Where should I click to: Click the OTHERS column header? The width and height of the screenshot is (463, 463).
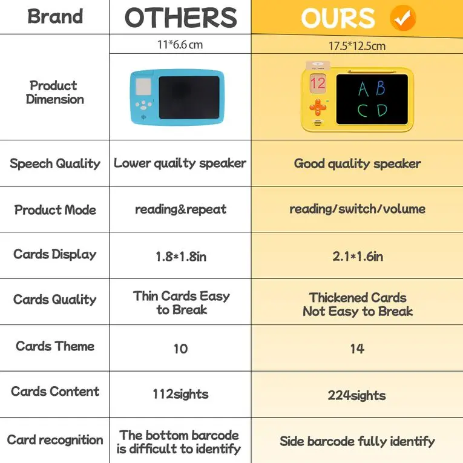[x=180, y=18]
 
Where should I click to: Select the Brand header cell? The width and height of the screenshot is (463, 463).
[x=54, y=17]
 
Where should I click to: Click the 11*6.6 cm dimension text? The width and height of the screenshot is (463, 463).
[x=180, y=44]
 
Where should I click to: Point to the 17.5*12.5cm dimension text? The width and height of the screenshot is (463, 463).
[x=357, y=45]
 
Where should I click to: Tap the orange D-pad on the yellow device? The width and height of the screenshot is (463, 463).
[x=318, y=108]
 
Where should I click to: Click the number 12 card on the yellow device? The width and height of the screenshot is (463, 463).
[x=318, y=83]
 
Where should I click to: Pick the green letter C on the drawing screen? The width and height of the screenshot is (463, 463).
[x=363, y=111]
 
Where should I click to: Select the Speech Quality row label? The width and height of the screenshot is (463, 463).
[x=54, y=163]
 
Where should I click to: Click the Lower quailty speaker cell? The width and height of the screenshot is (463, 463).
[x=180, y=163]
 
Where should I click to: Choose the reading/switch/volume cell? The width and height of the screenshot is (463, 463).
[x=357, y=209]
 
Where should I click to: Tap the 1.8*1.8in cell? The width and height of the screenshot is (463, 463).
[x=180, y=256]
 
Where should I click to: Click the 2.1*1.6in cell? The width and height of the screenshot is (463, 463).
[x=357, y=256]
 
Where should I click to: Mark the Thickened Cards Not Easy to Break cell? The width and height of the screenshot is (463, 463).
[x=357, y=304]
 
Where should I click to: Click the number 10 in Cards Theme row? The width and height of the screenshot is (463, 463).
[x=180, y=349]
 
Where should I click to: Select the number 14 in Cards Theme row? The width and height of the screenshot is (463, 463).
[x=357, y=349]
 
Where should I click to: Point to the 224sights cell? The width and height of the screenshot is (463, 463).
[x=357, y=395]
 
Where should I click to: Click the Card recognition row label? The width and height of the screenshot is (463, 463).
[x=54, y=440]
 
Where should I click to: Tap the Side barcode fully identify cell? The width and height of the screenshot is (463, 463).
[x=357, y=441]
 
